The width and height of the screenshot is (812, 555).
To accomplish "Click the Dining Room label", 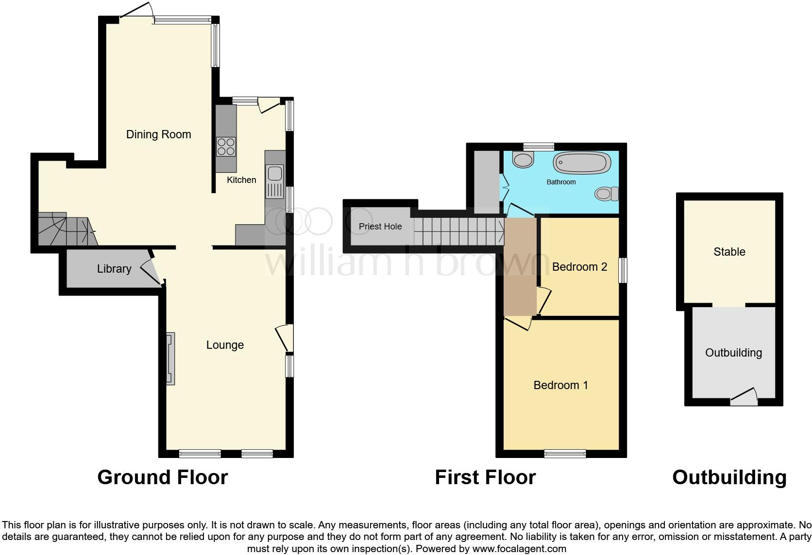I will (158, 134).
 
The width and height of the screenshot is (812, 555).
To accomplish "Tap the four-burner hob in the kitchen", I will (226, 147).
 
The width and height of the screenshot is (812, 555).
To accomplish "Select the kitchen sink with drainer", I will (274, 180).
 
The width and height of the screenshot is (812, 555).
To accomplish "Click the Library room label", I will (114, 269).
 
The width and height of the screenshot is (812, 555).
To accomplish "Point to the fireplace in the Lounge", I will (170, 359).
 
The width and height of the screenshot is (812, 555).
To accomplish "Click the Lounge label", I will (225, 345).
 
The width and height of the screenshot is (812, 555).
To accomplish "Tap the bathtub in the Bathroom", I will (581, 163).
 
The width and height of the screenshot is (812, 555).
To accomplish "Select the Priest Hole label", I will (380, 227).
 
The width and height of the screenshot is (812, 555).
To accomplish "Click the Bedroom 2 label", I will (579, 267).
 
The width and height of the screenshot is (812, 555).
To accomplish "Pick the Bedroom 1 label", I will (560, 385).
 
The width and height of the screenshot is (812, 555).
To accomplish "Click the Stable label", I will (729, 252).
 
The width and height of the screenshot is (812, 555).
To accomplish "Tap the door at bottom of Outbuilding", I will (744, 398).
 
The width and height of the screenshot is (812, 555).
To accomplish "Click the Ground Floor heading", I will (162, 477).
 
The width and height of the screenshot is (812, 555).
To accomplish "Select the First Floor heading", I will (485, 477).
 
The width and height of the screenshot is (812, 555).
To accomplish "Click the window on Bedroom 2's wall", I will (622, 270).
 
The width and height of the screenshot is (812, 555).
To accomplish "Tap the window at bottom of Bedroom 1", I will (565, 454).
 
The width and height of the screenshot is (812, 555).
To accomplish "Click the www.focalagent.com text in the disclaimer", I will (519, 549).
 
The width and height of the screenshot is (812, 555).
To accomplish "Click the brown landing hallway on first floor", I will (519, 267).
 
